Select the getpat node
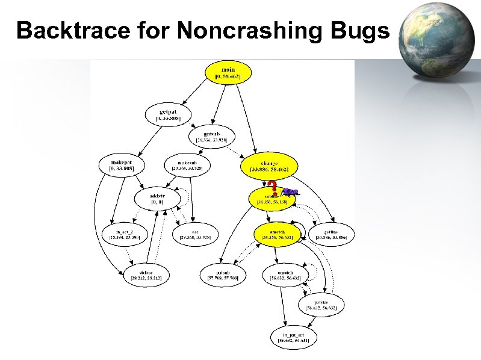169,114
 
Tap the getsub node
211,136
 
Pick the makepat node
122,165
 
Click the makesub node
187,165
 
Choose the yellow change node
268,166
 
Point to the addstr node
157,199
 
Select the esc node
195,233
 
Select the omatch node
285,275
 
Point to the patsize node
321,305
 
